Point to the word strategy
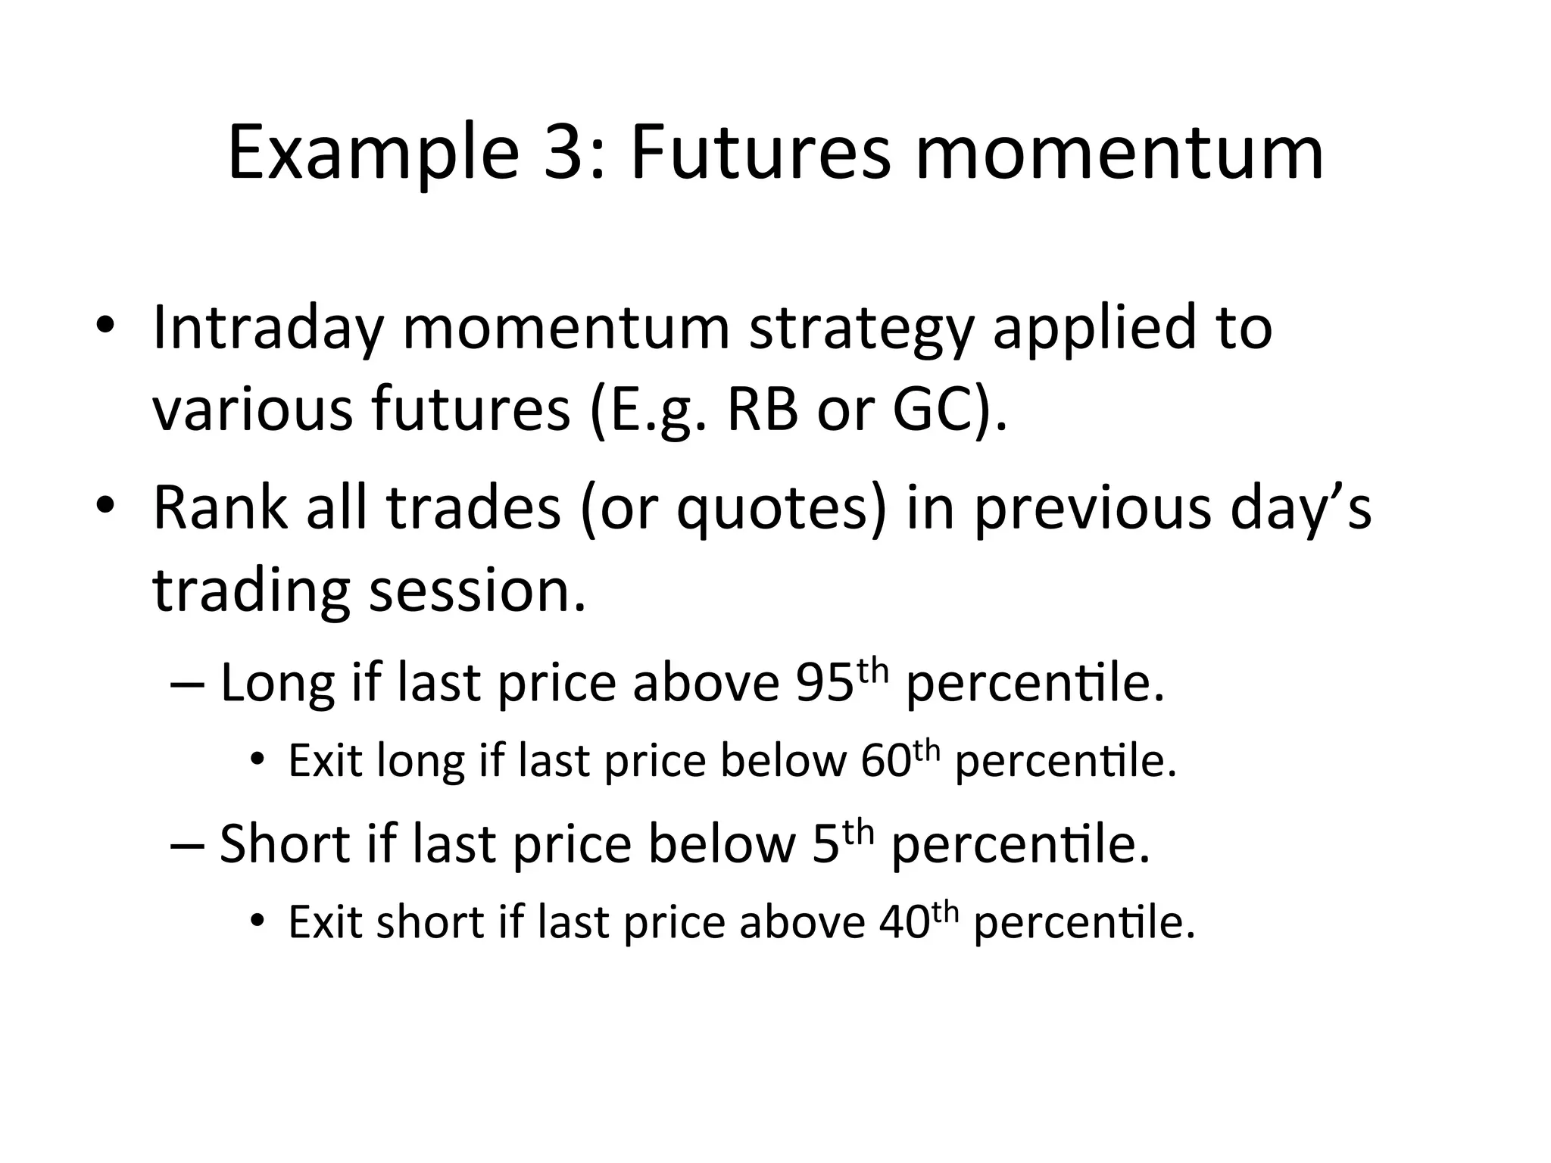click(x=860, y=328)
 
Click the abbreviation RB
click(x=761, y=410)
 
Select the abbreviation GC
click(x=931, y=410)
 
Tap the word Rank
click(x=220, y=508)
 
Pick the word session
click(x=477, y=591)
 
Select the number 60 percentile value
click(x=885, y=761)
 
